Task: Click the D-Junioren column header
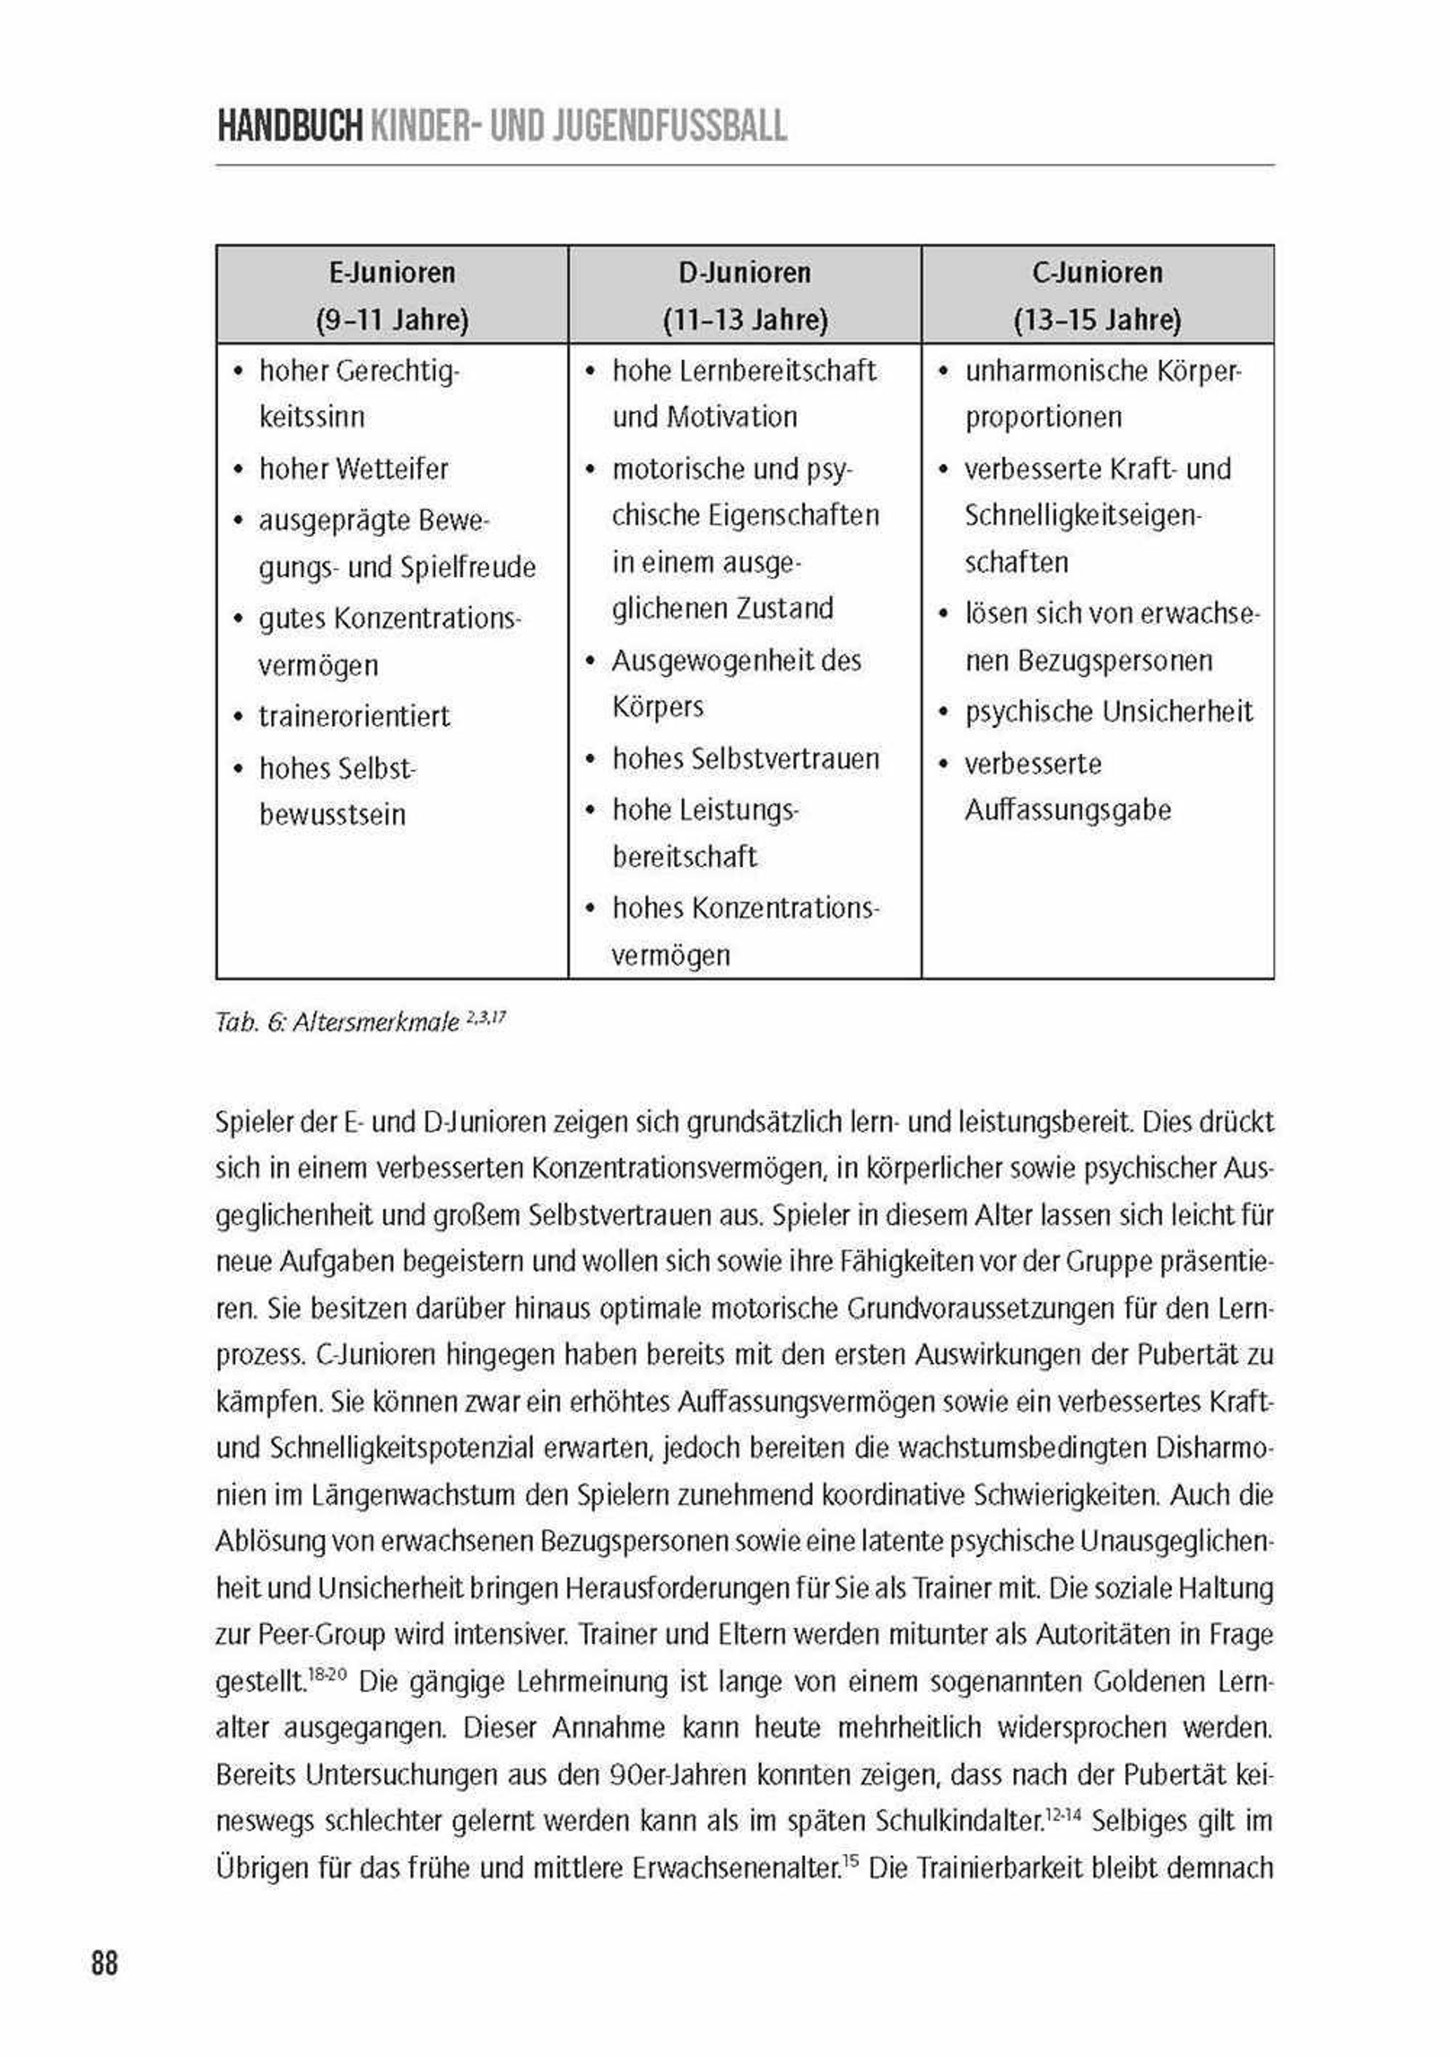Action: point(745,272)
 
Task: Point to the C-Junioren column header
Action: point(1097,272)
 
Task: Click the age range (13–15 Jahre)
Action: point(1097,320)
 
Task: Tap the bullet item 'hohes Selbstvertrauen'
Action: point(746,759)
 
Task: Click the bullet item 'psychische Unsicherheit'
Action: point(1109,711)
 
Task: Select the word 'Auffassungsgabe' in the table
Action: point(1068,810)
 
